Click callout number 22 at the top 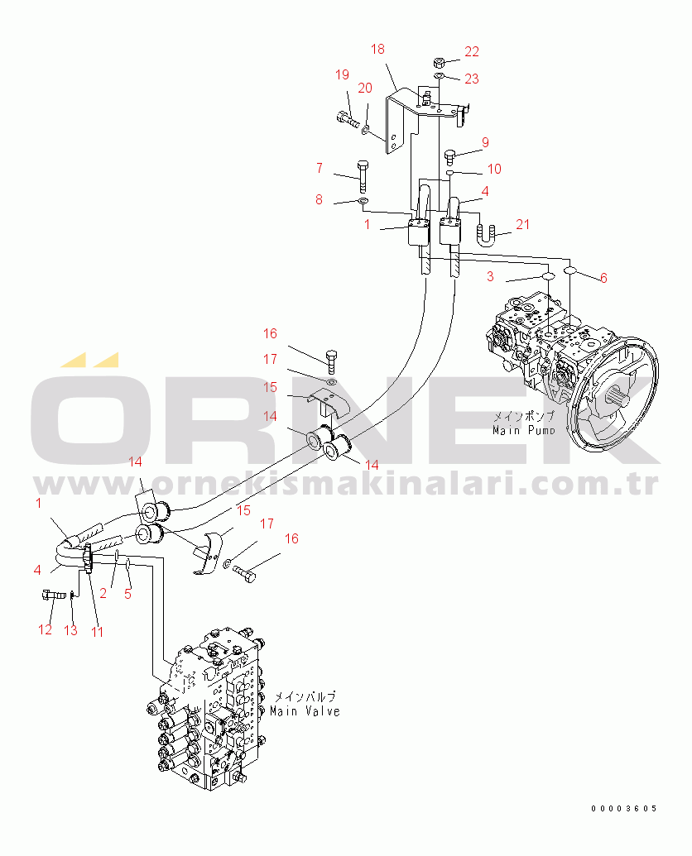471,52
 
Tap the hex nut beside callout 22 440,61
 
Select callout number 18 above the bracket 377,49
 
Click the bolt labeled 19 348,118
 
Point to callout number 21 522,224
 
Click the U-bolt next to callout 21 488,235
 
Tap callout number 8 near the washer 319,200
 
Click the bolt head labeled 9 450,156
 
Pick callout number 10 494,170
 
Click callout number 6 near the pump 603,278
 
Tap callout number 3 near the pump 490,277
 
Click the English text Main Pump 523,430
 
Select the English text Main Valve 305,711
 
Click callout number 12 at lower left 45,630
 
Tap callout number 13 70,630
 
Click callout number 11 97,632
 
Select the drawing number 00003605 624,809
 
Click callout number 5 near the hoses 127,594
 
